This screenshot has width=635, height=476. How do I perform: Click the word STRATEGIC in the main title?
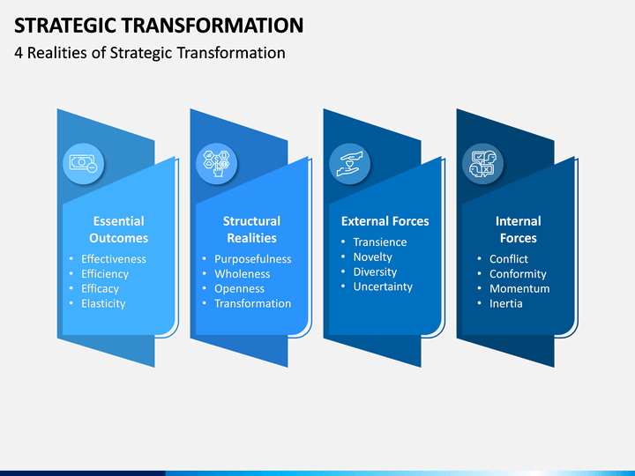65,25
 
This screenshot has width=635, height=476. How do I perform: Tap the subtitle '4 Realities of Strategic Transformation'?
150,53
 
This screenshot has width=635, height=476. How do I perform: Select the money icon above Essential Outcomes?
84,164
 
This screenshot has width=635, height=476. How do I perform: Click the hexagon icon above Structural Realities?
217,164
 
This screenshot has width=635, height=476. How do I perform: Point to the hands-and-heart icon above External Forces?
350,164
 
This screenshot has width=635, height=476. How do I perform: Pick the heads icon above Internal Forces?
482,164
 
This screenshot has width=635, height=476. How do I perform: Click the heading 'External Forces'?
385,221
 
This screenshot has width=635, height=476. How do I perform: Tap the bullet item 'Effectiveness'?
114,259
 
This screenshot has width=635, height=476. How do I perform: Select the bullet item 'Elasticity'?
103,303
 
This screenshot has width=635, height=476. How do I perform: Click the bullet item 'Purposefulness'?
253,259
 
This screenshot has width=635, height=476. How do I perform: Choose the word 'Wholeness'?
243,274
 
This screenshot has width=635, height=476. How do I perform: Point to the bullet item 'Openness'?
239,289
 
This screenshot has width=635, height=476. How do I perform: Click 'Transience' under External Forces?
380,242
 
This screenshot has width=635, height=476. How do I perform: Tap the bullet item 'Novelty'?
372,257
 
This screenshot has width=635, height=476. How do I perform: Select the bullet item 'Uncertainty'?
383,286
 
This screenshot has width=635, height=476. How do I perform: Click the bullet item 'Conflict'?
509,259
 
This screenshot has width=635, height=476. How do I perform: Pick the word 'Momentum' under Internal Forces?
519,288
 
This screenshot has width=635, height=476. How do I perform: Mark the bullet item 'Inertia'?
506,303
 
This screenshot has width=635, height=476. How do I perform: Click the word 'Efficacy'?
100,289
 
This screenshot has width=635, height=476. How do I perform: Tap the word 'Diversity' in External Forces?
375,272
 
